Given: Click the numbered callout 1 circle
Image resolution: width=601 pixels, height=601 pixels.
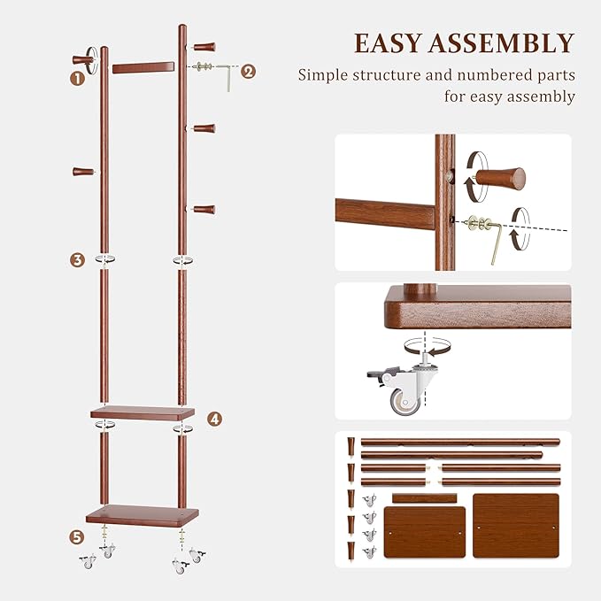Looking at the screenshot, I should tap(77, 78).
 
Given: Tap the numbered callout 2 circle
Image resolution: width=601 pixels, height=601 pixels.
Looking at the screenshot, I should tap(248, 72).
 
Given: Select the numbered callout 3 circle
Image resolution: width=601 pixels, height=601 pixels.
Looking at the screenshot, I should tap(78, 259).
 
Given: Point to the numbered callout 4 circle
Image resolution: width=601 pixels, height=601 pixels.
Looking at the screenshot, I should tap(215, 419).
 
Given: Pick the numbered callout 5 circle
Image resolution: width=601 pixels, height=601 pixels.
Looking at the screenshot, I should tap(77, 536).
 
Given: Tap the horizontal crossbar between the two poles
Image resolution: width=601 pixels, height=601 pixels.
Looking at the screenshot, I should tap(143, 67).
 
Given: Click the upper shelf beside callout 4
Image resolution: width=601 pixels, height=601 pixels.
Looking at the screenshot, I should tap(143, 412).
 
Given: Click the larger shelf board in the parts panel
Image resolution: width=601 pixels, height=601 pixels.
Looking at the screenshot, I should tap(515, 525).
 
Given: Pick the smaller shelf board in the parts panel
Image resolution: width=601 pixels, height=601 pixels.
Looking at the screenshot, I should tap(424, 531).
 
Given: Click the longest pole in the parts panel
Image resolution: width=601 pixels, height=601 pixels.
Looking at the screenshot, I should tap(459, 442).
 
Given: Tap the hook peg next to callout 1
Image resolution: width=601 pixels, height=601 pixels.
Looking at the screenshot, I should tap(84, 60).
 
